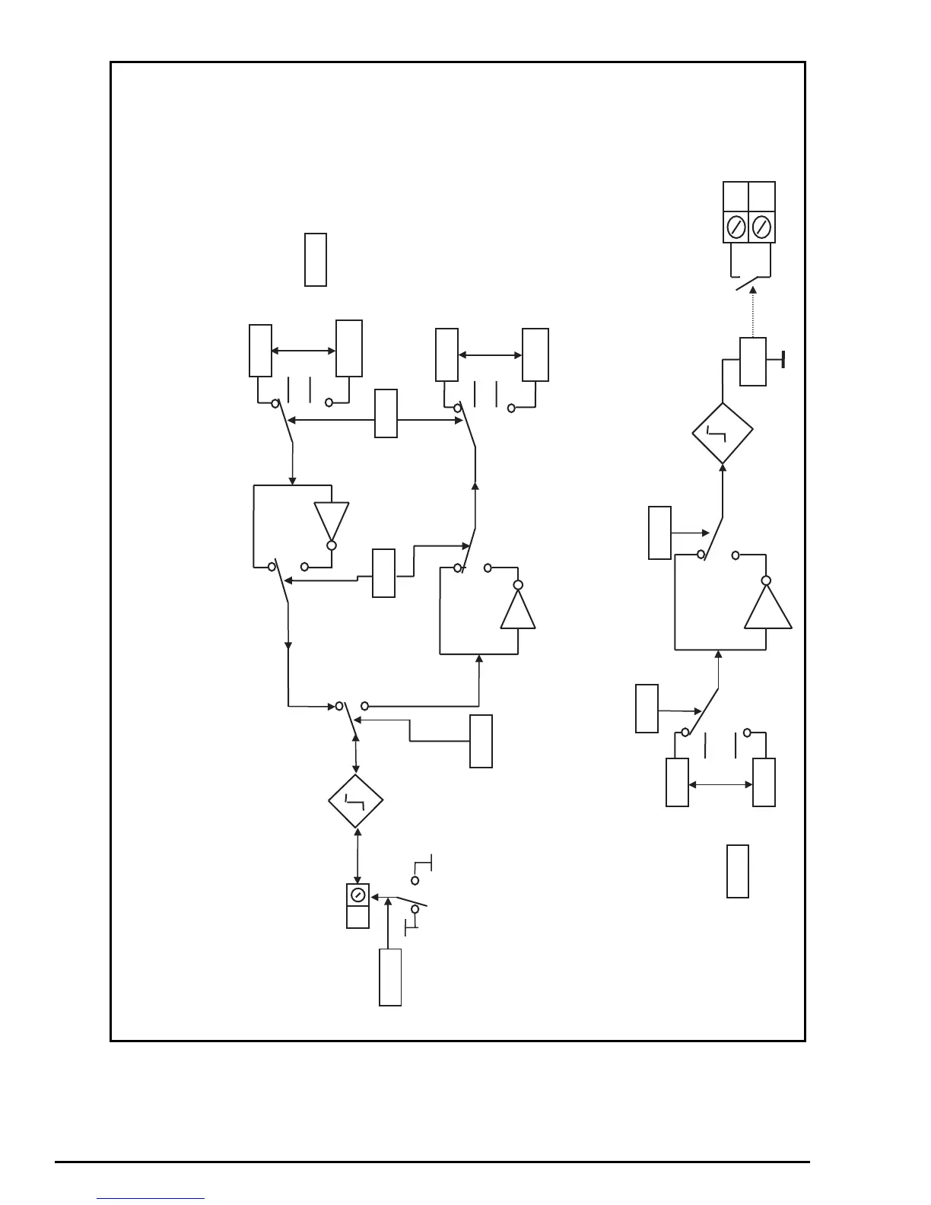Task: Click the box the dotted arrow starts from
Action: point(753,361)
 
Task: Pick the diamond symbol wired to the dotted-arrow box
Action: point(723,433)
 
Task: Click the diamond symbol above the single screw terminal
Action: point(355,801)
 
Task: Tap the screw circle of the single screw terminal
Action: point(357,895)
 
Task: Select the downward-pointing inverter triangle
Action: point(332,520)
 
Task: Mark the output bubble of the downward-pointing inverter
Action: point(332,545)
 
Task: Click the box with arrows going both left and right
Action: point(386,414)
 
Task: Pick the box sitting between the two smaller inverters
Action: point(383,572)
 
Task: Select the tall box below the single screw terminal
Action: point(390,977)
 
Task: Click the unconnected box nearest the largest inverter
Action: point(738,871)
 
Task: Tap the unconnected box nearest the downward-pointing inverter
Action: point(316,260)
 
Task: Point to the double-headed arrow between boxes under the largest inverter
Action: point(720,784)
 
